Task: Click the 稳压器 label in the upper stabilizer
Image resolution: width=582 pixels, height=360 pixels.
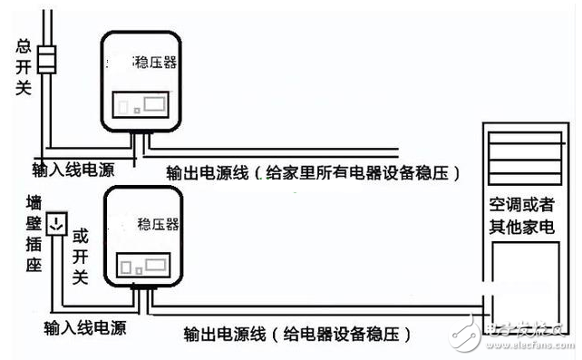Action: (x=157, y=63)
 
